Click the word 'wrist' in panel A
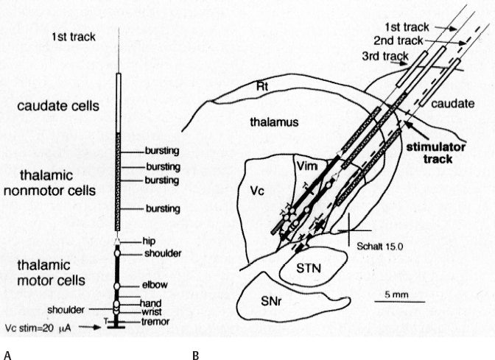click(150, 311)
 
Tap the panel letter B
click(195, 355)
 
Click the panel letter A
click(7, 355)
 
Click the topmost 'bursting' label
click(164, 152)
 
